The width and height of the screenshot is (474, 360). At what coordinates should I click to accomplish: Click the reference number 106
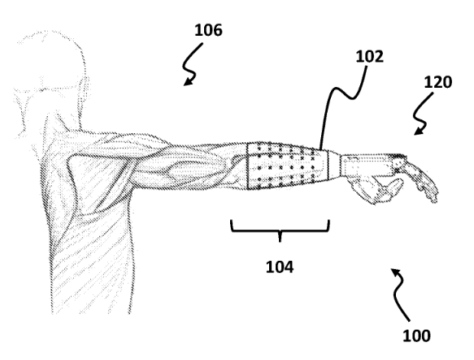(x=208, y=30)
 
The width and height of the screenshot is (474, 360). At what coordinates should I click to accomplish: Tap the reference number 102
(x=369, y=57)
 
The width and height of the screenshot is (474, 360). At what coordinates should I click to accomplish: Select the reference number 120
(x=438, y=82)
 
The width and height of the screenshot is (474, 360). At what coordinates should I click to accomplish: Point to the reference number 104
(x=280, y=267)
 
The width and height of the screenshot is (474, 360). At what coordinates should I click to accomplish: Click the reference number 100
(x=416, y=336)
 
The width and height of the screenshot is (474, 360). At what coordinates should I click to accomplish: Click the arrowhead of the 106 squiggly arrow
(x=188, y=81)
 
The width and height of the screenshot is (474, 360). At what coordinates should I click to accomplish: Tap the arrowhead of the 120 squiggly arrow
(x=419, y=131)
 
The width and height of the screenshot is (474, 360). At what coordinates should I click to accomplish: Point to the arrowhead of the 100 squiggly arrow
(x=395, y=271)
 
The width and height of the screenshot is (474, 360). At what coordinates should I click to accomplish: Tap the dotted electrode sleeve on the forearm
(x=287, y=167)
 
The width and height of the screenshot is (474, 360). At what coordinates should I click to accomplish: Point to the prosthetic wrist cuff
(x=335, y=166)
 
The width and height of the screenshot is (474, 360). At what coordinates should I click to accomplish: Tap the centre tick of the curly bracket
(x=280, y=237)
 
